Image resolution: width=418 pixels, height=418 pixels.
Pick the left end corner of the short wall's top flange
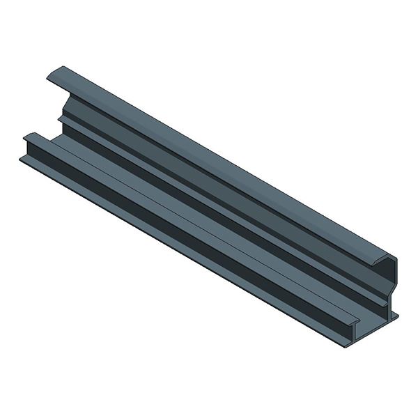coord(26,136)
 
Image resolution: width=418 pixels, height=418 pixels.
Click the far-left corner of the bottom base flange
coord(21,159)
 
